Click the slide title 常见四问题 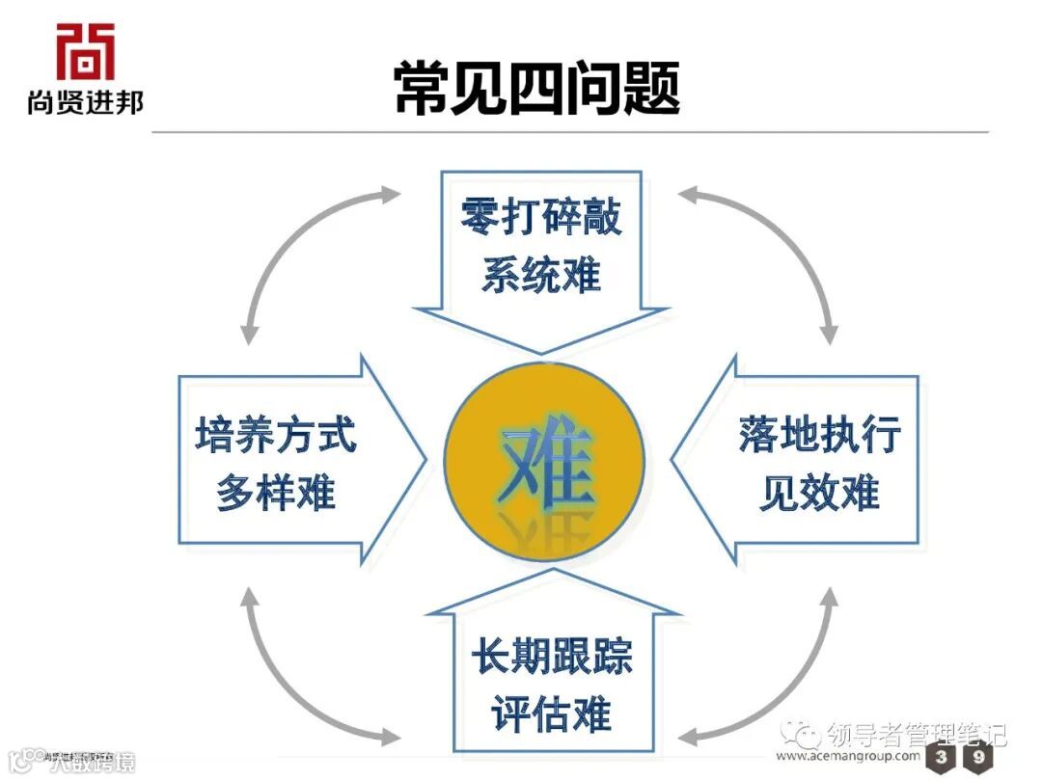[x=536, y=90]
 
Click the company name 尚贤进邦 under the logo [x=85, y=101]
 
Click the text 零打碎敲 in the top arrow [x=540, y=218]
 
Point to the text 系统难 [x=540, y=275]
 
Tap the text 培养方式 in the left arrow [x=276, y=435]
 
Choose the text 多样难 [x=276, y=493]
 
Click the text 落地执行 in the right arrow [x=819, y=435]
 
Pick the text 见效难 [x=819, y=493]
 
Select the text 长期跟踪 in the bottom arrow [x=551, y=658]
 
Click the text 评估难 [x=551, y=715]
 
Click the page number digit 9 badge [x=978, y=758]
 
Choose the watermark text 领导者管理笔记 [x=917, y=735]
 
